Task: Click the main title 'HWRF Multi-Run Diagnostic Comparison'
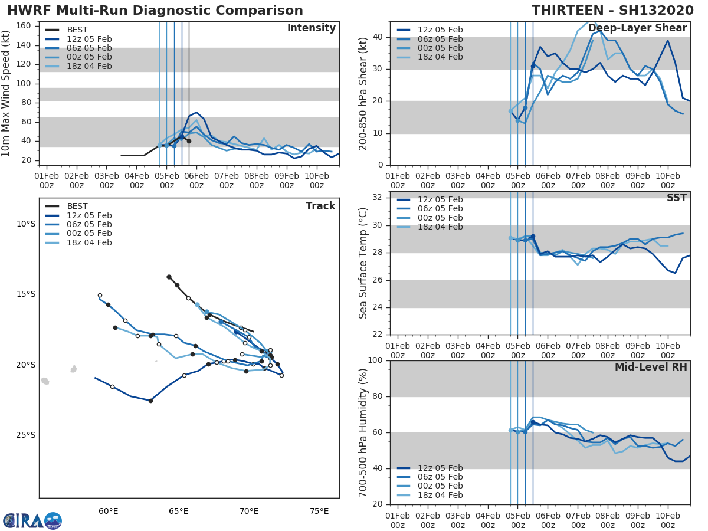pyautogui.click(x=155, y=11)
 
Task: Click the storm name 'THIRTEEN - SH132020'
pyautogui.click(x=611, y=11)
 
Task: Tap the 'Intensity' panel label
pyautogui.click(x=311, y=28)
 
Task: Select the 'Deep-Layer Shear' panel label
pyautogui.click(x=637, y=28)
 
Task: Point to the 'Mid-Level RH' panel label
pyautogui.click(x=651, y=368)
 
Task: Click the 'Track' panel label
pyautogui.click(x=320, y=206)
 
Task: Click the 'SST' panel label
pyautogui.click(x=677, y=198)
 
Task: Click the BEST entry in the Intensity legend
pyautogui.click(x=77, y=29)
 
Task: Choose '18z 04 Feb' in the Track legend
pyautogui.click(x=89, y=242)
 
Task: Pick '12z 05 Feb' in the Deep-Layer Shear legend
pyautogui.click(x=440, y=29)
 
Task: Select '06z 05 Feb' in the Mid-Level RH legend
pyautogui.click(x=440, y=477)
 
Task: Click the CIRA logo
pyautogui.click(x=32, y=520)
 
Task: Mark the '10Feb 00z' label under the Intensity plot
pyautogui.click(x=316, y=181)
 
